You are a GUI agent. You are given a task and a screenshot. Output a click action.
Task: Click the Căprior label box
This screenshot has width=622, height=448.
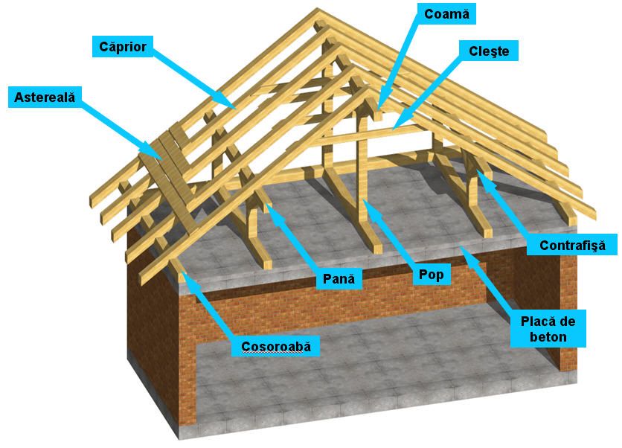pos(123,46)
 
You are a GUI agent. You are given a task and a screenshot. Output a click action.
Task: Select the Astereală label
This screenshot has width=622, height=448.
pos(45,97)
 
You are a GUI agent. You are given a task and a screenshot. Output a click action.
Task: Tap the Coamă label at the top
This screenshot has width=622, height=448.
pos(446,14)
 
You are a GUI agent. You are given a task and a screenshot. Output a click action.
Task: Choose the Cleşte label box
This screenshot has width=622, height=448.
pos(489,51)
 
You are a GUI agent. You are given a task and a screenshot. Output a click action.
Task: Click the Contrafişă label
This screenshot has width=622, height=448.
pos(572,245)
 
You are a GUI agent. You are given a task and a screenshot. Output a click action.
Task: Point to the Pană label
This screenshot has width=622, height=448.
pos(339,278)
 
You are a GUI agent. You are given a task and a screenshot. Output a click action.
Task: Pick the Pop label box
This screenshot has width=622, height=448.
pos(432,274)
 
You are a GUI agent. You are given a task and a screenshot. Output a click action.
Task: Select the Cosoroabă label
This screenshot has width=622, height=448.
pos(276,346)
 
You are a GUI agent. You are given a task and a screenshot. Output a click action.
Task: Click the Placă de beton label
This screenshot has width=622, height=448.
pos(548,329)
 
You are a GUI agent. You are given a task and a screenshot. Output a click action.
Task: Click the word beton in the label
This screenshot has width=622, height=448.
pos(548,337)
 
